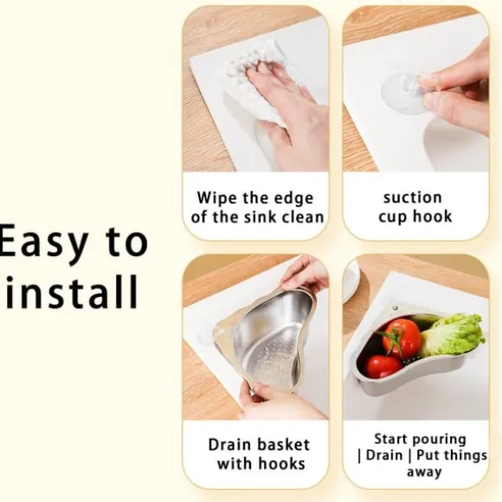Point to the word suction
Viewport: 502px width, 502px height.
coord(412,197)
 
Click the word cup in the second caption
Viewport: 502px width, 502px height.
coord(392,217)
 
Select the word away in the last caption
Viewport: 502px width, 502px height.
coord(424,472)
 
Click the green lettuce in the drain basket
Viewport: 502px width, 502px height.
coord(453,335)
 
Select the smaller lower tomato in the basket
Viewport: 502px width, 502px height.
coord(383,366)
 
